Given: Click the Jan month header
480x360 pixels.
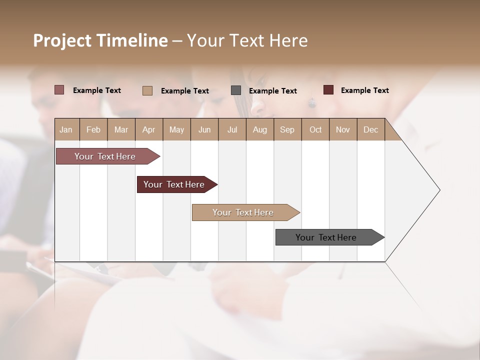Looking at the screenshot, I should point(66,129).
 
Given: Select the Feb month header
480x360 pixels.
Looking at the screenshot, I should point(93,129).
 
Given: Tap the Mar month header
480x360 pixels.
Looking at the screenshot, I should point(121,129).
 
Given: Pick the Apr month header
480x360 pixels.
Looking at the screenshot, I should point(149,129).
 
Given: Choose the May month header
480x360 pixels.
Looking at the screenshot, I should point(176,129).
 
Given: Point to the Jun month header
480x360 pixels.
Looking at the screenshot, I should point(204,129).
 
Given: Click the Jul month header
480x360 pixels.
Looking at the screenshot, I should point(232,129).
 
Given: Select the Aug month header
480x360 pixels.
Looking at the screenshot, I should point(260,129).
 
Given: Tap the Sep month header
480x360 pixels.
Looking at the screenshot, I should point(287,129).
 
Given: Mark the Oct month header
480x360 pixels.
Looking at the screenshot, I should point(315,129).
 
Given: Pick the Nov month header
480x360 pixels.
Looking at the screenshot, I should point(343,129).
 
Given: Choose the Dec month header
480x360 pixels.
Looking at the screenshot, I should point(371,129).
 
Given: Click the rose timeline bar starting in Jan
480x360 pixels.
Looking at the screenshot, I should point(105,156).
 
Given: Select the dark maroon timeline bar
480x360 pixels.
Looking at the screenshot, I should point(174,184).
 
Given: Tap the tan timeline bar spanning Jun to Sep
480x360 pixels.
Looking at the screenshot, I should point(243,212).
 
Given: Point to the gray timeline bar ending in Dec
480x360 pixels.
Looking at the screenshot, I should point(326,237).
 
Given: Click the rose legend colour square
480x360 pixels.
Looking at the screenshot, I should point(59,90).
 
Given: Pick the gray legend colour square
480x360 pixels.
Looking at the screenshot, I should point(236,90).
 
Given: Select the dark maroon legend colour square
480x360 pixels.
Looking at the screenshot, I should point(328,90).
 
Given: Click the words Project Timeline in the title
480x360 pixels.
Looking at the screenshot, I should point(100,40).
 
